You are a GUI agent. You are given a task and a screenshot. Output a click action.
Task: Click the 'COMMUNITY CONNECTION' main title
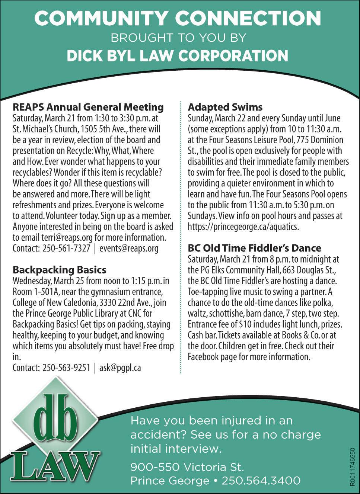(x=178, y=18)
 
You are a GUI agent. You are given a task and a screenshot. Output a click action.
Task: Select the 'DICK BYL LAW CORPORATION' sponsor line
(x=178, y=56)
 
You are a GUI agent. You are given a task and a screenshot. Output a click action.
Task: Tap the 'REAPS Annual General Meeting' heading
(x=88, y=107)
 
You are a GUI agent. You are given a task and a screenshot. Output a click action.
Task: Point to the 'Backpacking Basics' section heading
(x=60, y=270)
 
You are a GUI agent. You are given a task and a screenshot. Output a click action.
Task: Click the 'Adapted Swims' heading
(x=225, y=107)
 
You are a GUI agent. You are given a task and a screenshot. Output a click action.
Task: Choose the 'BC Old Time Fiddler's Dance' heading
(x=254, y=248)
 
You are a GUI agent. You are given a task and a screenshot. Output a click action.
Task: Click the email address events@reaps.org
(x=129, y=248)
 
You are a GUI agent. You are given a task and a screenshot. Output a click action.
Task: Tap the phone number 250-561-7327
(x=66, y=248)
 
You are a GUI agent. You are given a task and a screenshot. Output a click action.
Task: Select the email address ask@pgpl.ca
(x=120, y=368)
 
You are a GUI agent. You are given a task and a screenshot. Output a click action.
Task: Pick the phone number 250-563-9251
(x=66, y=368)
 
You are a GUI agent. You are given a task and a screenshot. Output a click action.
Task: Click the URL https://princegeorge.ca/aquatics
(x=243, y=227)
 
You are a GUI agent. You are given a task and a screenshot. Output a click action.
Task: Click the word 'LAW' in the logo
(x=56, y=465)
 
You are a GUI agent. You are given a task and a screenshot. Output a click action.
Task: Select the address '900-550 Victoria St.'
(x=187, y=467)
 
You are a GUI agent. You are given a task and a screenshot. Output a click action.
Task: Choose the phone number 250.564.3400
(x=261, y=481)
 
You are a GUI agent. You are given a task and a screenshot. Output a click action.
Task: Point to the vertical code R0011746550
(x=352, y=467)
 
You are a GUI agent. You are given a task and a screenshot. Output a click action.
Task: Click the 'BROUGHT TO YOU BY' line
(x=178, y=38)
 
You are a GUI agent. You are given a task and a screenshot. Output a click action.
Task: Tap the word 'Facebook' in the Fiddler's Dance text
(x=203, y=357)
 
